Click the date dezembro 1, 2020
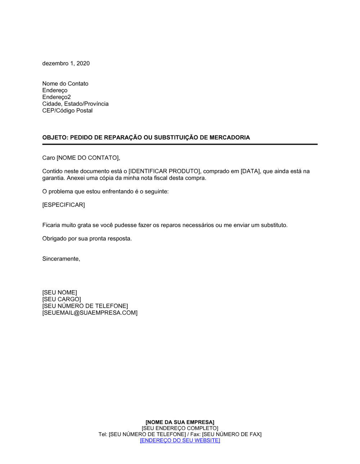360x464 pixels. pyautogui.click(x=66, y=63)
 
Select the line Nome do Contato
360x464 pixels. pyautogui.click(x=65, y=83)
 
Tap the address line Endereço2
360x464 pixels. pyautogui.click(x=57, y=97)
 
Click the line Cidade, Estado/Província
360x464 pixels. pyautogui.click(x=75, y=104)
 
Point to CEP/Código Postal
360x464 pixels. pyautogui.click(x=67, y=110)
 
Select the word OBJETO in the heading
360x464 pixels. pyautogui.click(x=55, y=137)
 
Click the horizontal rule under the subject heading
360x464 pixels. pyautogui.click(x=180, y=144)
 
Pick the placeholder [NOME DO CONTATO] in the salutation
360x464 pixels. pyautogui.click(x=88, y=158)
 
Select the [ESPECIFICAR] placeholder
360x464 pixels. pyautogui.click(x=64, y=205)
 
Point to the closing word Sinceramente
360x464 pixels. pyautogui.click(x=60, y=259)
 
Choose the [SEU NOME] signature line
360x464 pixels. pyautogui.click(x=60, y=292)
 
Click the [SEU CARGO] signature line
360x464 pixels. pyautogui.click(x=62, y=299)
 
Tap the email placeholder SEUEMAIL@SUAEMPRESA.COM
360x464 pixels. pyautogui.click(x=90, y=313)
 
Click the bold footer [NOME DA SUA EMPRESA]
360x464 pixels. pyautogui.click(x=180, y=422)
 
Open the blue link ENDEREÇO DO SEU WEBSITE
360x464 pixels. pyautogui.click(x=180, y=440)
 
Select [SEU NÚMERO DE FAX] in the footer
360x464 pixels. pyautogui.click(x=232, y=434)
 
